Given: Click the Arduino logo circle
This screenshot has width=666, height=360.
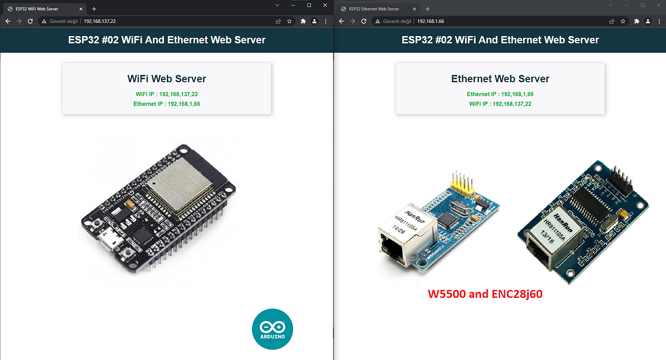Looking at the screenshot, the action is (272, 330).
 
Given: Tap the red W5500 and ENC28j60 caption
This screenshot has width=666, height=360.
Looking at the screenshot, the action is (485, 294).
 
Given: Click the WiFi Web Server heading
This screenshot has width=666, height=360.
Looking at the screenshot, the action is (167, 79).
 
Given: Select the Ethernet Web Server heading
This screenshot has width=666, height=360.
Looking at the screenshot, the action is (500, 79).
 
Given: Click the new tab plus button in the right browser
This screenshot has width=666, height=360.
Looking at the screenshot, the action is (427, 9).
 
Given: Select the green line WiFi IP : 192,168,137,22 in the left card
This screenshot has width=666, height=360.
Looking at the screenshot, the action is (167, 94).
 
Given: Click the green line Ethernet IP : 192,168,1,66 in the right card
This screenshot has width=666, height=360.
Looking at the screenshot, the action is (500, 94).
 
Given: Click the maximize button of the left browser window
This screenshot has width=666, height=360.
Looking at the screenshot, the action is (309, 5).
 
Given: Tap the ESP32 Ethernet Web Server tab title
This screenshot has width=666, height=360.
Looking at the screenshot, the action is (374, 9).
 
